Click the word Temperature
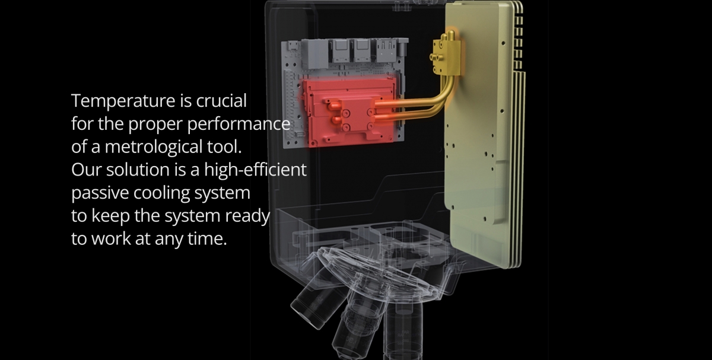[123, 101]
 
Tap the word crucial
[221, 100]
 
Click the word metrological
[154, 147]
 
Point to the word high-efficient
[255, 170]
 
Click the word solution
[137, 170]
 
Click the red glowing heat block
[348, 112]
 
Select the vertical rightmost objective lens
[403, 330]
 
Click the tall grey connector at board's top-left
[314, 53]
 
